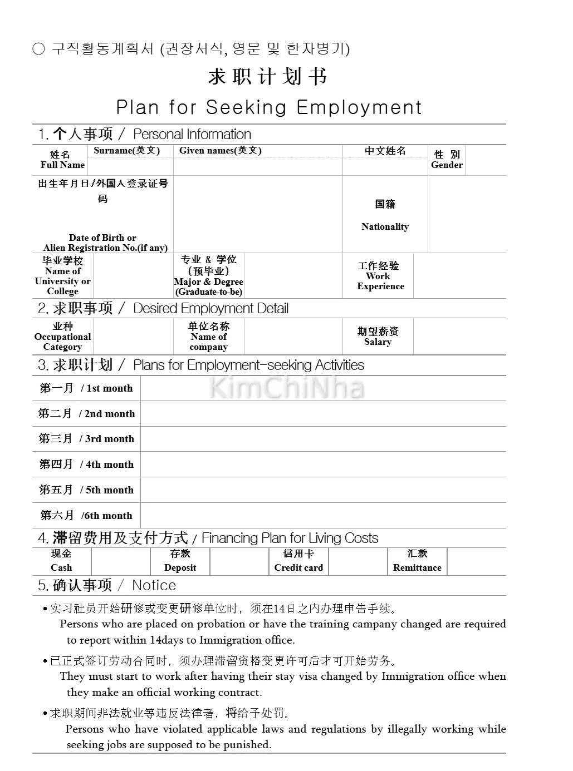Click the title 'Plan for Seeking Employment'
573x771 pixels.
[269, 107]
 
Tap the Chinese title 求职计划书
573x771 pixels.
[268, 77]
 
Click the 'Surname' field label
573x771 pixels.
[126, 151]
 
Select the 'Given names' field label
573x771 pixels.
[220, 151]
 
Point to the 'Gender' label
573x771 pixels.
[447, 165]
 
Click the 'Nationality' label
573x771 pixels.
[385, 226]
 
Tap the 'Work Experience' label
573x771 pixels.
[380, 281]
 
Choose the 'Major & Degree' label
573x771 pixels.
[208, 281]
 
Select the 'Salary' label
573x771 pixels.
[378, 342]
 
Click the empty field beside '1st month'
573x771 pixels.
[323, 388]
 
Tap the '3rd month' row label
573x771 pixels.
[86, 439]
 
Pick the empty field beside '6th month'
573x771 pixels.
[323, 516]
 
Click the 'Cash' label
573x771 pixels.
[61, 567]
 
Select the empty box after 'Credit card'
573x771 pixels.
[357, 562]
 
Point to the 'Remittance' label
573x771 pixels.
[417, 567]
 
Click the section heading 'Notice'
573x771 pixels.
[154, 585]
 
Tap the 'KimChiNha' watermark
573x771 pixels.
[287, 388]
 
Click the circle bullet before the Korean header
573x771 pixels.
[38, 50]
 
